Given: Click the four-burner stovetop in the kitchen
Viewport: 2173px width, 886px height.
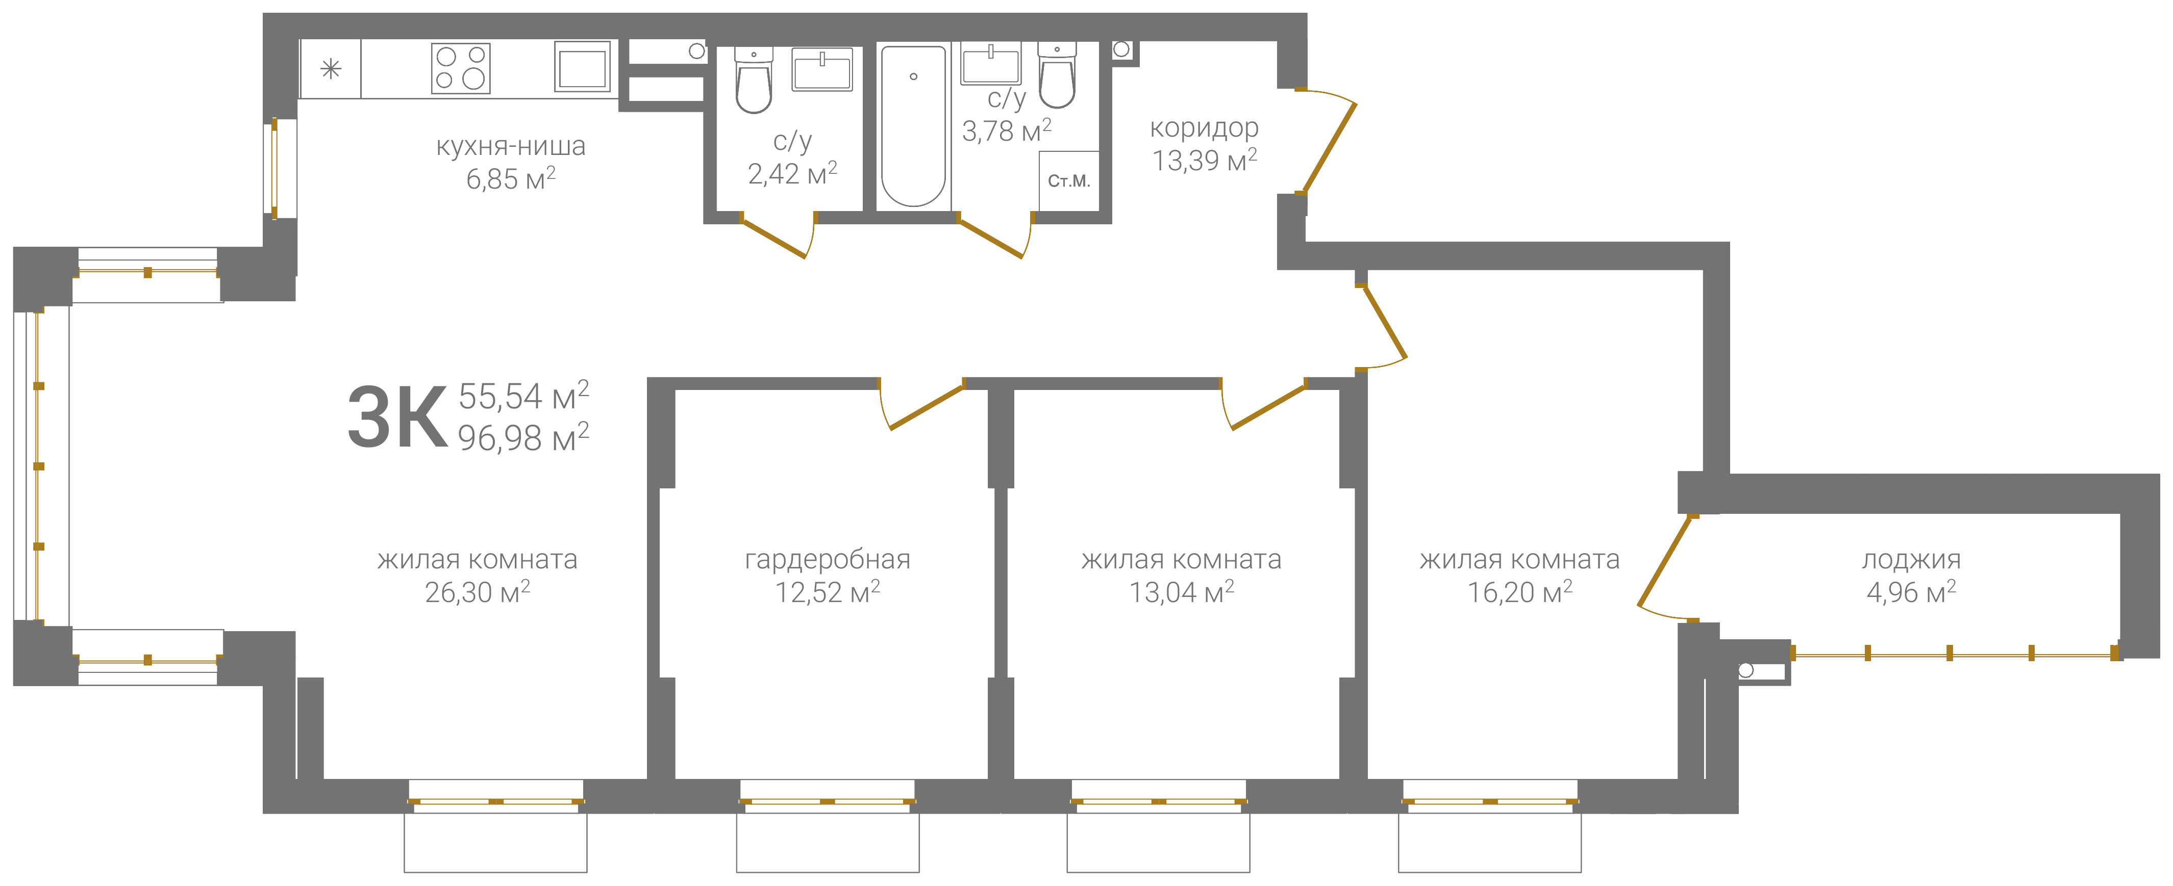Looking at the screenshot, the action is (x=461, y=67).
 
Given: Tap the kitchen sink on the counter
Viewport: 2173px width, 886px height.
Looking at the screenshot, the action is (x=582, y=66).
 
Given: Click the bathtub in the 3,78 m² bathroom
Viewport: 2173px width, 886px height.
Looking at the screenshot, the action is (x=914, y=125).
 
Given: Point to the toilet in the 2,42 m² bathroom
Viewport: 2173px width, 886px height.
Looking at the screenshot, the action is (x=753, y=80).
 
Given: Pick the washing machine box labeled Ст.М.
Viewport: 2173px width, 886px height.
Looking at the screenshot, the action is (x=1069, y=180).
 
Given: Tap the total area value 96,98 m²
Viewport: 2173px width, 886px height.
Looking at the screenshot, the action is (x=523, y=437).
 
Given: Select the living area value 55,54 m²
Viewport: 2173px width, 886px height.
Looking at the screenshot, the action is (x=523, y=396).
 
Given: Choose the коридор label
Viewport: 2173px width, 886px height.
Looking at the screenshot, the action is (x=1204, y=128).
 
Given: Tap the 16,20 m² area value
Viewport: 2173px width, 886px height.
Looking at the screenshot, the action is (x=1519, y=592).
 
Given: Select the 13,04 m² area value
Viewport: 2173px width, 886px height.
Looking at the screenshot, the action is (x=1181, y=592).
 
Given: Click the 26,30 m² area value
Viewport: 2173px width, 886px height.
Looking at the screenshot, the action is (x=478, y=592).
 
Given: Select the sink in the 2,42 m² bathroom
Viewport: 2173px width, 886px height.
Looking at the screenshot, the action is (x=821, y=69).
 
